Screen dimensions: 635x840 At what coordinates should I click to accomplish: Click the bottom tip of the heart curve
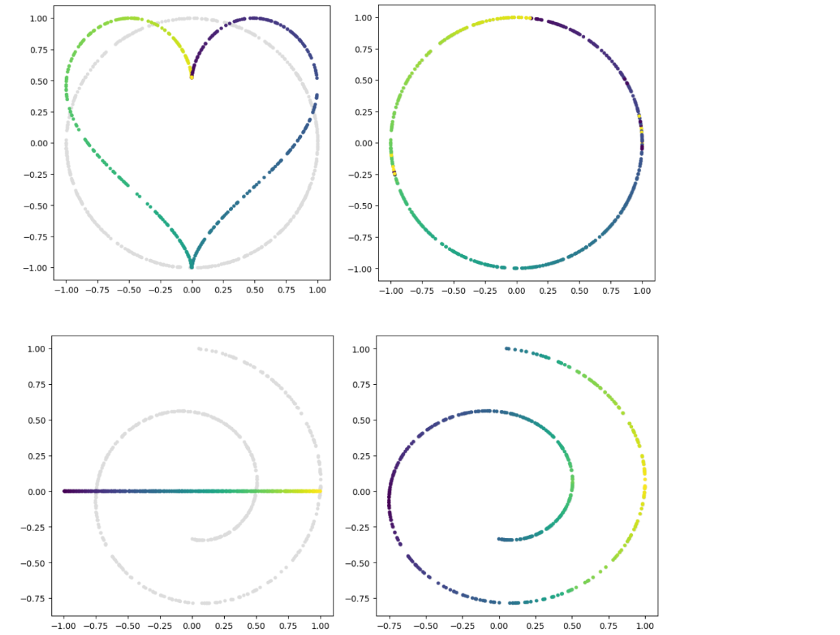click(191, 266)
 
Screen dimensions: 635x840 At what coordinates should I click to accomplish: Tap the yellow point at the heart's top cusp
click(191, 77)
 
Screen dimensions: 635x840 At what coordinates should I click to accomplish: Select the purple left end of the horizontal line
click(65, 491)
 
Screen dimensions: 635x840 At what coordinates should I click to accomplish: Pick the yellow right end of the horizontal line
click(320, 491)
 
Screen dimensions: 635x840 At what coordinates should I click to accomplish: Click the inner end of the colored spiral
click(500, 539)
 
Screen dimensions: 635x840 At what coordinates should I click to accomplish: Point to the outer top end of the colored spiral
click(506, 349)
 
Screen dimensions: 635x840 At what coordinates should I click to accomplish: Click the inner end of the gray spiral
click(193, 539)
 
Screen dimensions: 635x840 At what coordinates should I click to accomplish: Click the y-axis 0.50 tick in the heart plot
click(52, 81)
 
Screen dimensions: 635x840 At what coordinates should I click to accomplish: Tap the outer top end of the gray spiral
click(199, 349)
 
